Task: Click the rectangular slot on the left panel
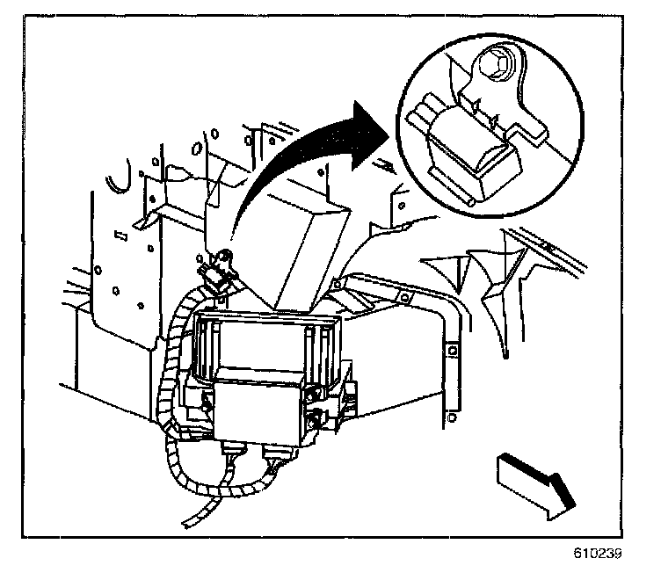(x=122, y=235)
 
